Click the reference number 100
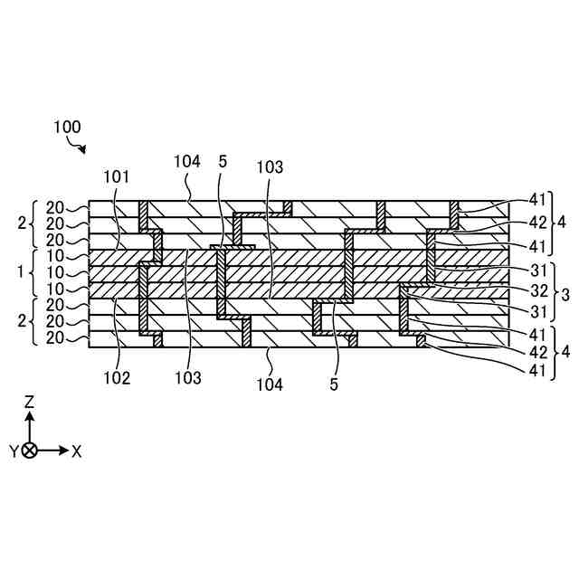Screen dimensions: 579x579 [x=67, y=128]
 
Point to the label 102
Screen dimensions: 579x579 [x=116, y=378]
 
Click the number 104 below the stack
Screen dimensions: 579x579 [x=270, y=384]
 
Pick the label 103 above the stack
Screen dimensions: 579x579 [x=270, y=166]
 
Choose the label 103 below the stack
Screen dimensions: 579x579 [x=188, y=378]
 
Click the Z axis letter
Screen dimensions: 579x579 [x=29, y=400]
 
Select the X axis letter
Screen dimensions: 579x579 [x=76, y=451]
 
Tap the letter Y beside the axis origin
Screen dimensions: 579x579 [x=14, y=451]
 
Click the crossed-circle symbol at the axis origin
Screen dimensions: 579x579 [x=29, y=451]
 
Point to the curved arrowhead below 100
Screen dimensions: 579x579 [x=83, y=149]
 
